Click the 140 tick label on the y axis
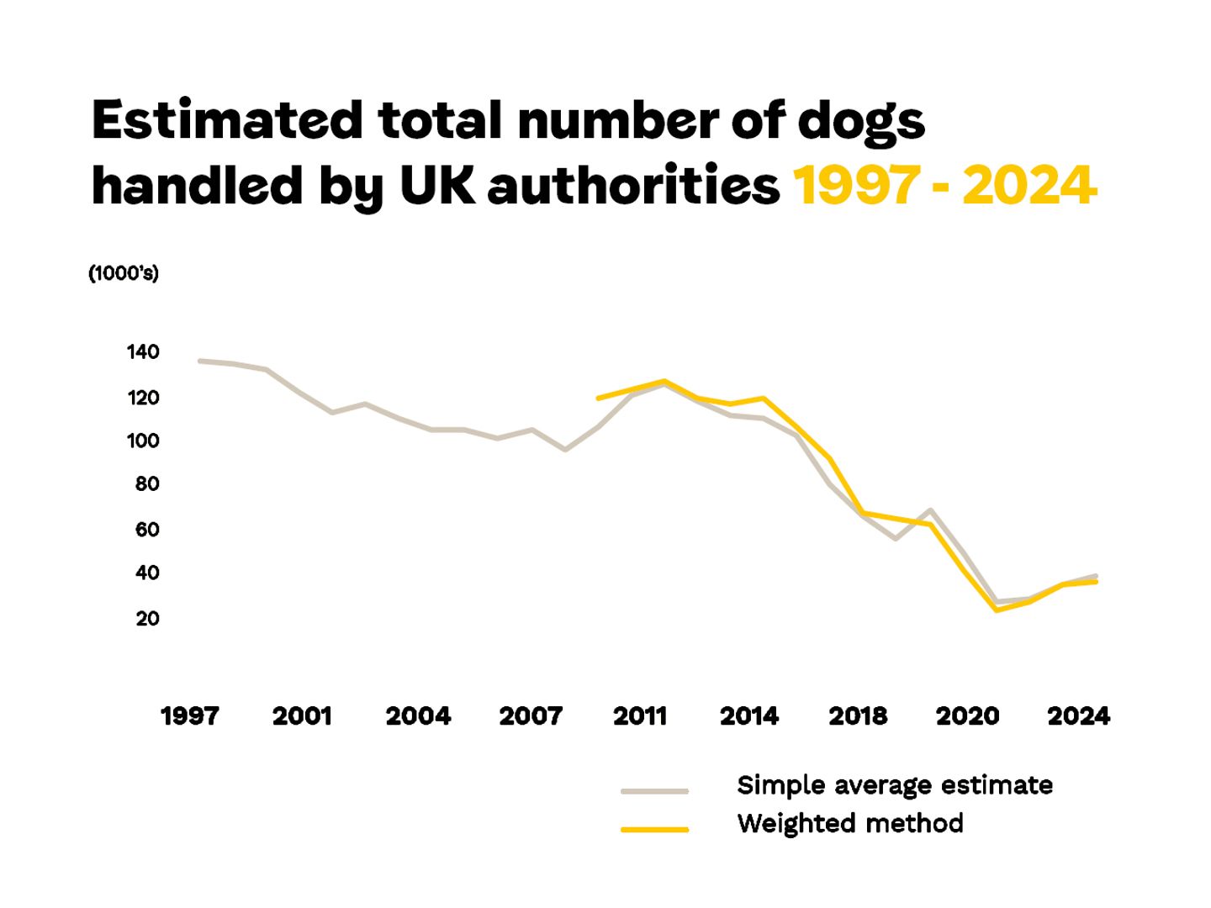click(x=143, y=352)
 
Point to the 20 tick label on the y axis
click(x=146, y=619)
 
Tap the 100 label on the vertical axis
click(x=143, y=441)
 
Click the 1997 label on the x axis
click(x=189, y=716)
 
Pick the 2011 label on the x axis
click(x=640, y=716)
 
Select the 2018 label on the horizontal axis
click(x=858, y=716)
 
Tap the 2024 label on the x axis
click(x=1078, y=716)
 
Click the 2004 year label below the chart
click(x=418, y=716)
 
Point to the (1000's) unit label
click(x=124, y=273)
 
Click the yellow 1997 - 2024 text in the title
click(x=945, y=185)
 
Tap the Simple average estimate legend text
click(x=894, y=785)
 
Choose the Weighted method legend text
click(x=849, y=823)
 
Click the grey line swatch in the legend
click(x=654, y=791)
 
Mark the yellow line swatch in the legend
click(x=654, y=830)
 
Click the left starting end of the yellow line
click(x=598, y=398)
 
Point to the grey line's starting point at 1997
click(x=199, y=361)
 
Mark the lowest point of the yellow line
click(x=997, y=610)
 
